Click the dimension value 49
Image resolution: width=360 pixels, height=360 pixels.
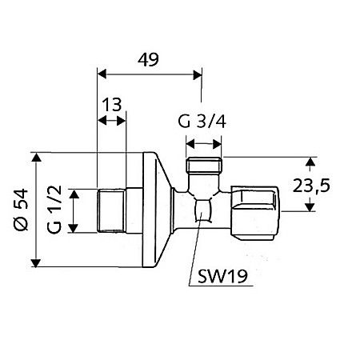(147, 59)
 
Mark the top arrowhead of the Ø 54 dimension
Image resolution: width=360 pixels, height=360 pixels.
(36, 156)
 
